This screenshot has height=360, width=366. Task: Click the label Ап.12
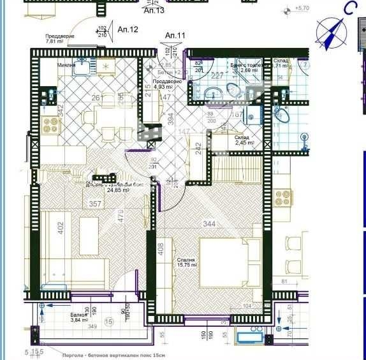pos(128,29)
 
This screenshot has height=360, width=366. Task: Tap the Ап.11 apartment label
pos(175,36)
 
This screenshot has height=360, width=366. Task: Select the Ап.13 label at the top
pos(154,11)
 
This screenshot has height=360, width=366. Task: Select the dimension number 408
pos(160,249)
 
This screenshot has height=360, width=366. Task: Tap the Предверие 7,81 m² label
pos(59,40)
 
